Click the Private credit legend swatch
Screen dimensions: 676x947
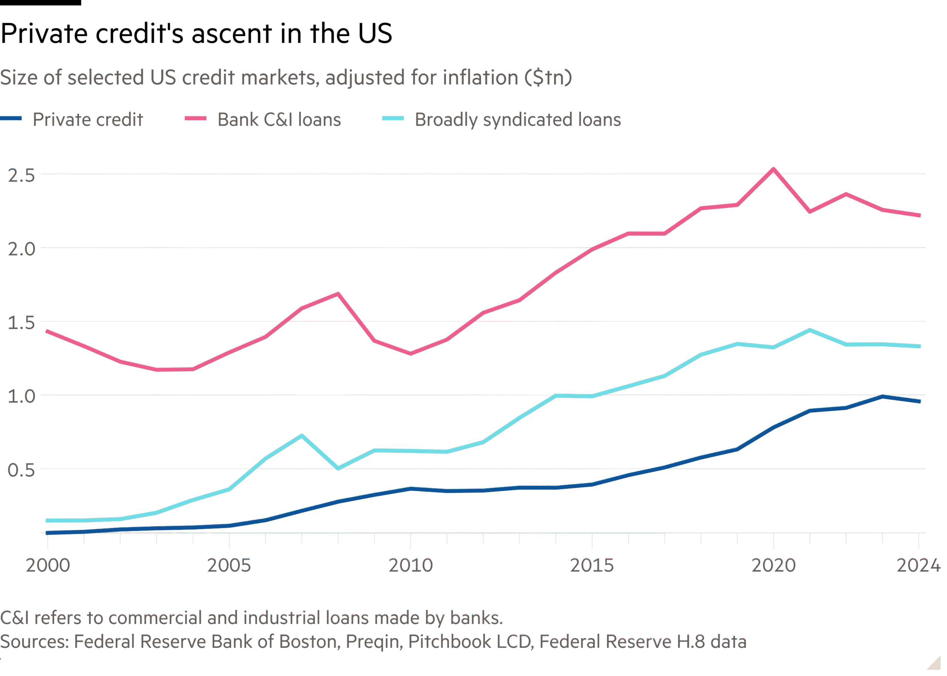point(11,119)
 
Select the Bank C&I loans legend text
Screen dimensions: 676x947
point(279,119)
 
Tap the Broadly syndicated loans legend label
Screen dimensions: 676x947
point(518,119)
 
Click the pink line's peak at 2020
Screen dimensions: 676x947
point(774,169)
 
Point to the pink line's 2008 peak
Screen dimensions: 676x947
point(338,294)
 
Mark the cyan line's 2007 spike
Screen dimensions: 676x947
point(302,435)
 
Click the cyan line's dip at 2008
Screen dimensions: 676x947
point(338,468)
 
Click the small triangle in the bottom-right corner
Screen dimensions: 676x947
point(934,663)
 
